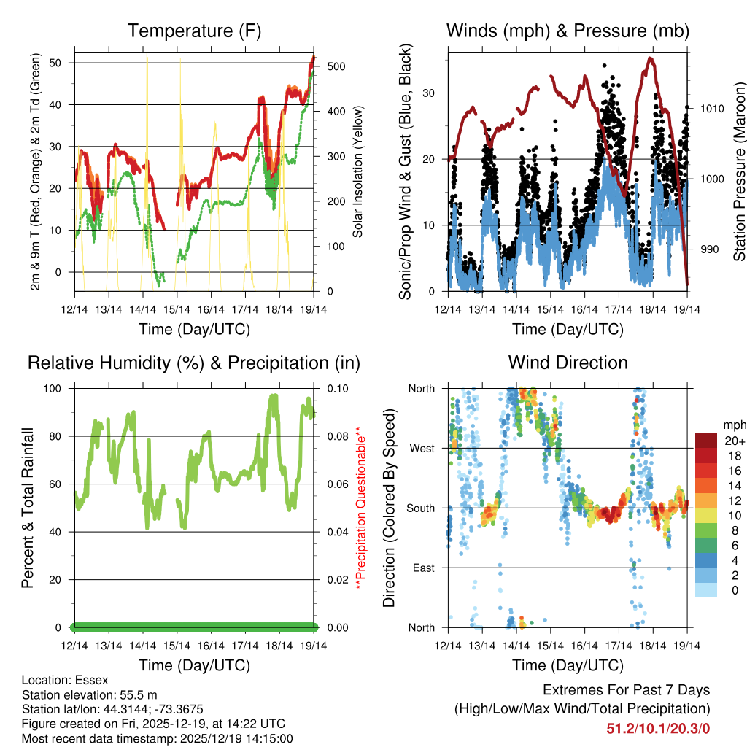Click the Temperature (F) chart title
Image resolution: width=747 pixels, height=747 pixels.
(x=194, y=31)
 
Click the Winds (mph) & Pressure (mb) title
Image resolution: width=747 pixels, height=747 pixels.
(x=568, y=31)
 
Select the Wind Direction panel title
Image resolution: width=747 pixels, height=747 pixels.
(x=568, y=362)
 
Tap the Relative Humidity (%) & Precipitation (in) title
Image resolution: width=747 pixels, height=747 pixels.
(x=194, y=362)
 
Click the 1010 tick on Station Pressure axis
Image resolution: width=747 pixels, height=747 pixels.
(x=711, y=109)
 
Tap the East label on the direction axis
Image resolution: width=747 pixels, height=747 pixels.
(x=423, y=568)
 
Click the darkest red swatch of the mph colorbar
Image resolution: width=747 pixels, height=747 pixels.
(x=707, y=441)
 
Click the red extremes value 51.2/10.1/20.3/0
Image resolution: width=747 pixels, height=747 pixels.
(x=658, y=727)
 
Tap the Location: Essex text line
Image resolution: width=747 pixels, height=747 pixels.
(x=65, y=679)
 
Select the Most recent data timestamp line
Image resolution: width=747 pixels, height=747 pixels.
(x=157, y=738)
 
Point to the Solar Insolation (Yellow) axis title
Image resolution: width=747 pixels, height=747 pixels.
(x=358, y=171)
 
